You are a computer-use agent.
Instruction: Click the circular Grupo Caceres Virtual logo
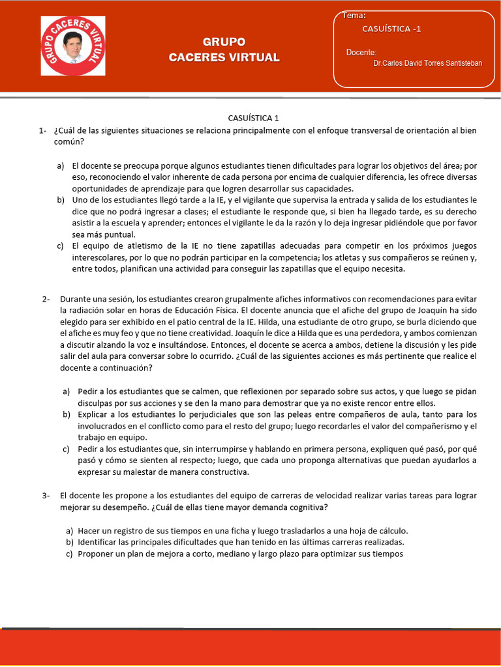click(73, 46)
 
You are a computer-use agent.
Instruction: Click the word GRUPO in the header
click(224, 42)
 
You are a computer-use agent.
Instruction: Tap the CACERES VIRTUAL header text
click(224, 57)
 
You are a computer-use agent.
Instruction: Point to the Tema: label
click(354, 16)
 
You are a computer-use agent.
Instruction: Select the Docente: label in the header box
click(361, 52)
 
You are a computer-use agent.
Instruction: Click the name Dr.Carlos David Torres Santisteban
click(427, 63)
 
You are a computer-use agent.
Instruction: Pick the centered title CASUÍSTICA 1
click(253, 118)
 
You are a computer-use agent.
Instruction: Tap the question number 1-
click(42, 130)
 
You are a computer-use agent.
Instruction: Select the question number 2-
click(46, 299)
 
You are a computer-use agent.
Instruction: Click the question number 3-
click(46, 495)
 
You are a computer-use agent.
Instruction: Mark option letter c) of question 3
click(68, 554)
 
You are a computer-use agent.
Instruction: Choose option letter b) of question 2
click(67, 414)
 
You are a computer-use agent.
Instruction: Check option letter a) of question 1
click(61, 166)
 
